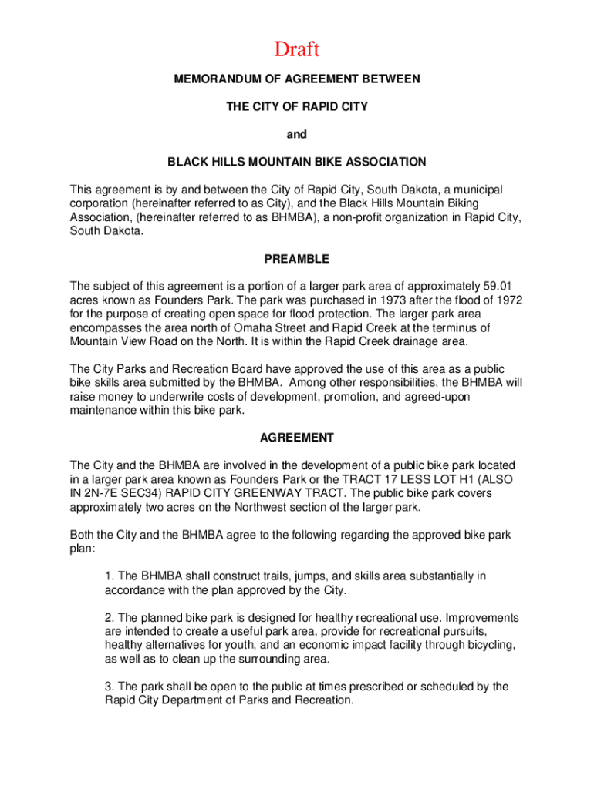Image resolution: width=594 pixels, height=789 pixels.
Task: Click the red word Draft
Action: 296,50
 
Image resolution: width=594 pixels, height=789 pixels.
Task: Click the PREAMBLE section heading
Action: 296,259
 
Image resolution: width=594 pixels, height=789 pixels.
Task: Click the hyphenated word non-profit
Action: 358,217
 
